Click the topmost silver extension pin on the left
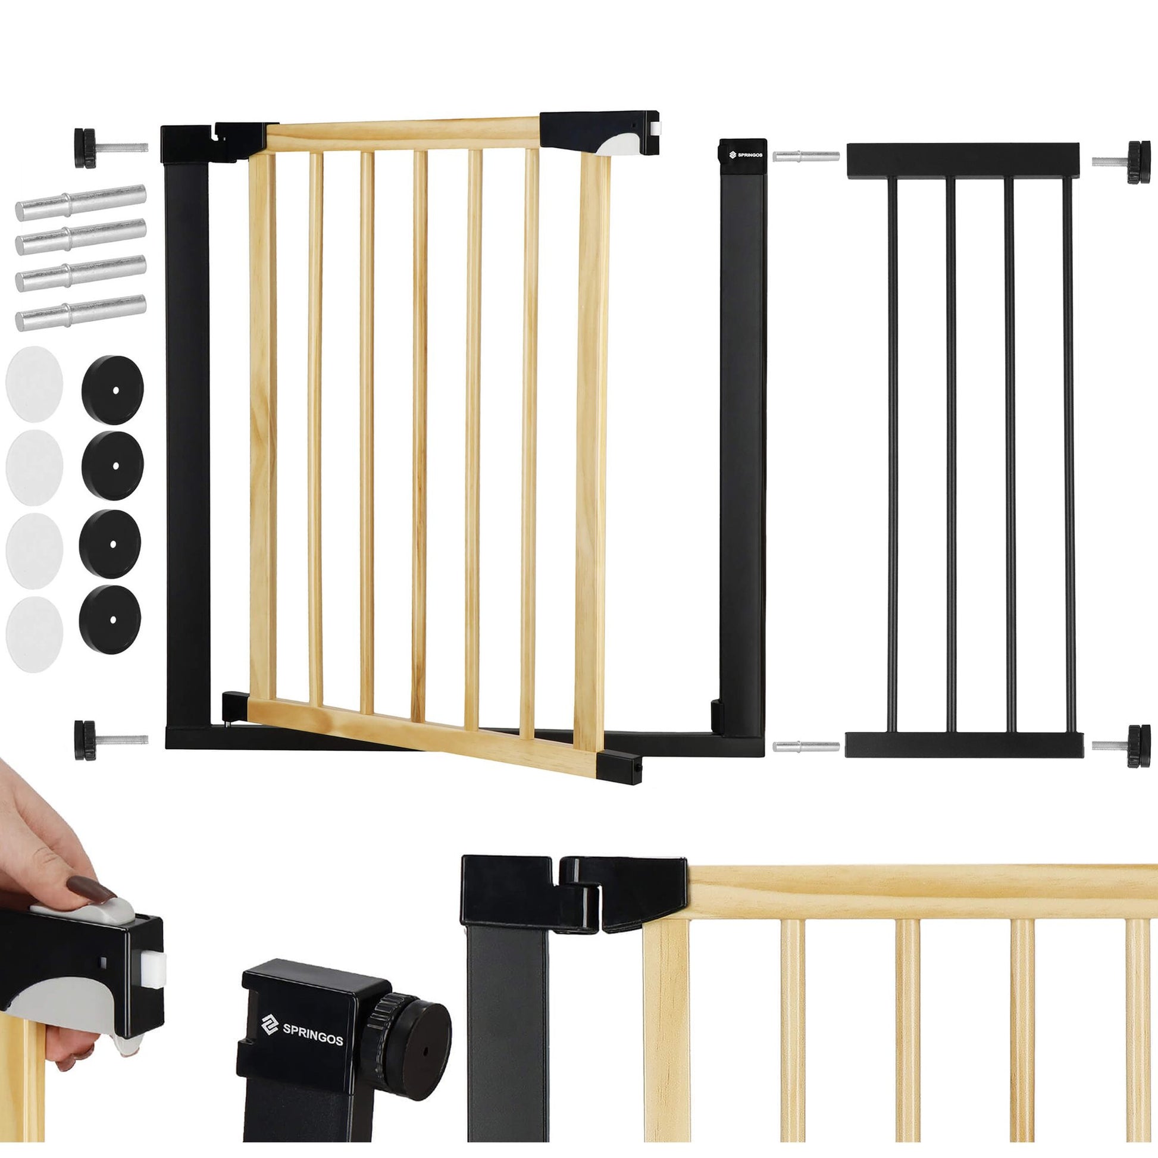(80, 202)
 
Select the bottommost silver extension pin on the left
(80, 312)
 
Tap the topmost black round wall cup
(112, 390)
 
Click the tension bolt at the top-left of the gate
(111, 148)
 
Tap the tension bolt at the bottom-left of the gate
(111, 740)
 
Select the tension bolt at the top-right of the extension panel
(1121, 161)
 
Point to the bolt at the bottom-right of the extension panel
(1121, 746)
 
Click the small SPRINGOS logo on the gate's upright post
(745, 155)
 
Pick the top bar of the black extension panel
(963, 160)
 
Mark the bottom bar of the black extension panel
(964, 744)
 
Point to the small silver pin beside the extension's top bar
(806, 157)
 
